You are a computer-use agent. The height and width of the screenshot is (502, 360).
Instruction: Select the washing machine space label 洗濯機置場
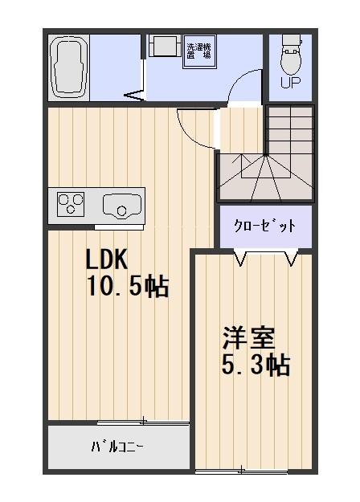[x=198, y=51]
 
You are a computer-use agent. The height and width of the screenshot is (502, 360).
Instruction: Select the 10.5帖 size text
[x=127, y=286]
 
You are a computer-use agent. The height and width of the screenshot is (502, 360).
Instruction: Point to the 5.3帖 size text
[x=255, y=365]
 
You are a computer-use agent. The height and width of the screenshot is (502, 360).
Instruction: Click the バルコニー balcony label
[x=117, y=447]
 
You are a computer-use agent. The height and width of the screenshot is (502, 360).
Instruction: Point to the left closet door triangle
[x=239, y=257]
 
